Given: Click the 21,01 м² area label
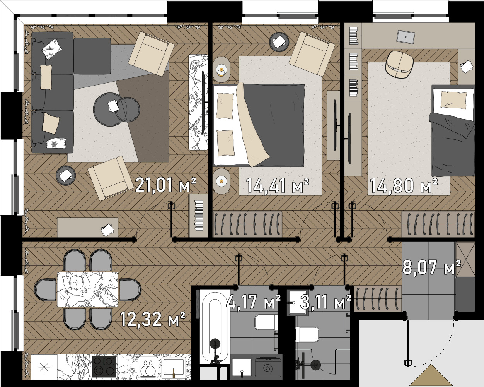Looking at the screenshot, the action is [x=166, y=185].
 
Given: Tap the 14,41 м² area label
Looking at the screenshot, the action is [x=278, y=186].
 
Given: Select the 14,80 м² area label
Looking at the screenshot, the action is [x=404, y=186].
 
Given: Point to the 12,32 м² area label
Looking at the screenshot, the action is [x=153, y=319].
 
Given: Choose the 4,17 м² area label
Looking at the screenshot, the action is [x=254, y=302].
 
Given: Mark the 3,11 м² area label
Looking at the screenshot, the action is [x=326, y=302].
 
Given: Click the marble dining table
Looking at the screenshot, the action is [x=88, y=289].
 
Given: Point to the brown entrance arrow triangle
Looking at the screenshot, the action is [x=431, y=378].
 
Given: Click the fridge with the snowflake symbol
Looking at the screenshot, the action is [x=44, y=367].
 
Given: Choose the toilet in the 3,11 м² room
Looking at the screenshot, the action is [x=307, y=334].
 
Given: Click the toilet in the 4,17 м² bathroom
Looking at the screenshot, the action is [x=266, y=322].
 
